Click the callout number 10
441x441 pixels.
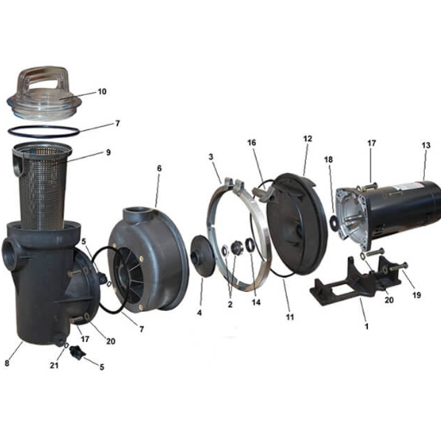tap(102, 91)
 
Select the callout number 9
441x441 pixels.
tap(109, 152)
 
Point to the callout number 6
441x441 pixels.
tap(159, 168)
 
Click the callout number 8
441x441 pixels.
tap(7, 363)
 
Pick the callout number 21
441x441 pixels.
tap(54, 365)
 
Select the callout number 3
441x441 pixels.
tap(211, 157)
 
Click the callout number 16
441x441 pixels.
tap(252, 143)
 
